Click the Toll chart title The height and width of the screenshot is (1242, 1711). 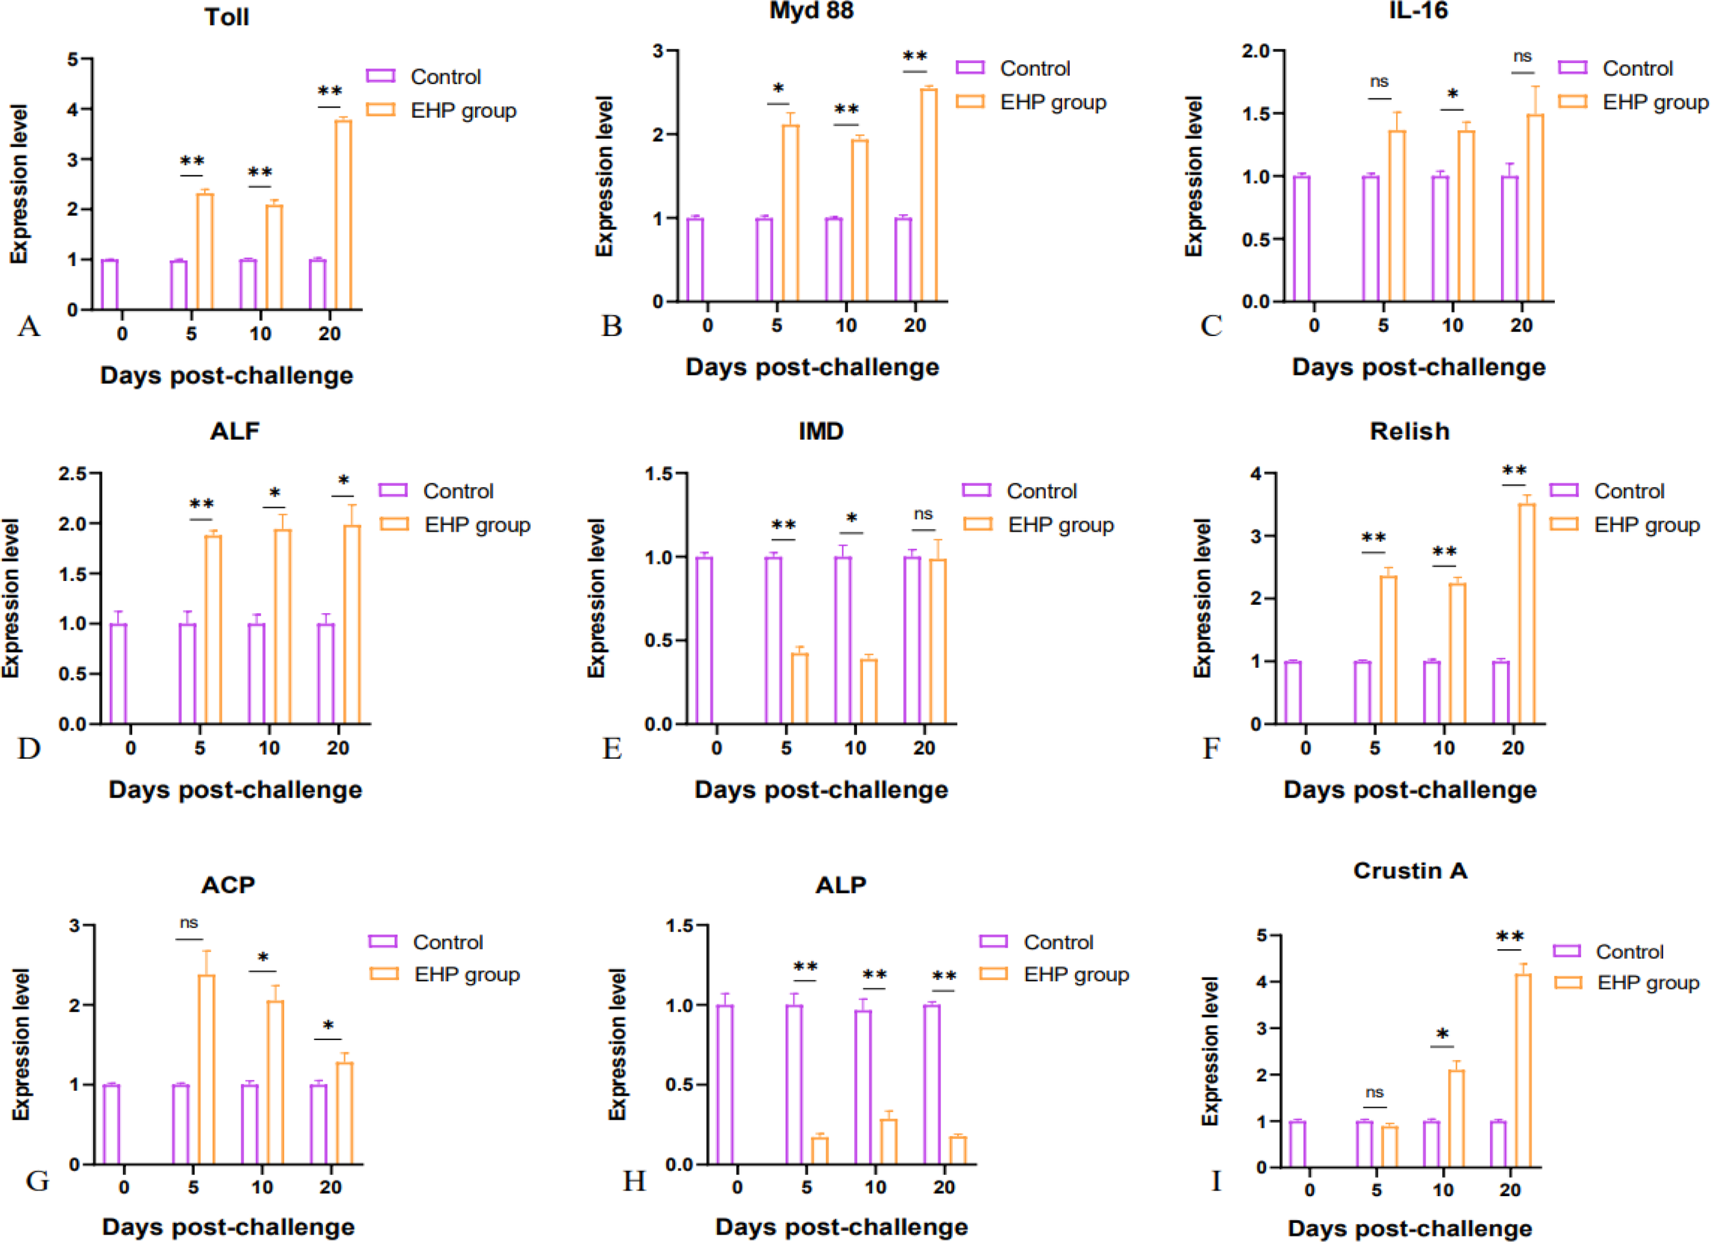pos(227,17)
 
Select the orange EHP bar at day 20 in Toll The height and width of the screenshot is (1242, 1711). pos(344,214)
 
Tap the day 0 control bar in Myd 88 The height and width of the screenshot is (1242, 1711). pos(695,259)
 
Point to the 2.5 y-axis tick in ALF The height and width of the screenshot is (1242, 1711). pos(73,474)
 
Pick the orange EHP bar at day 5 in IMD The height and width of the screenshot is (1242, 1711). pos(799,688)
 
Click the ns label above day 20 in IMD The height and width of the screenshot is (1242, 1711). pos(923,515)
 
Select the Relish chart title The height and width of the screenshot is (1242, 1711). pos(1409,431)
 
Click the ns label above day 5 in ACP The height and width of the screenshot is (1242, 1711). pos(189,923)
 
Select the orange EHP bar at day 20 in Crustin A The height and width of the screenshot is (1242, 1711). pos(1523,1070)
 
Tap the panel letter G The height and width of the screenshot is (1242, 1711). pos(37,1181)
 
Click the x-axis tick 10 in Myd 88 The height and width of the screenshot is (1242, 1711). pos(846,326)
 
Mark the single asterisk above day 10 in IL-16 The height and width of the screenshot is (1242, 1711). pos(1452,95)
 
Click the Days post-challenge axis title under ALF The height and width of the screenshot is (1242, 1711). pos(235,790)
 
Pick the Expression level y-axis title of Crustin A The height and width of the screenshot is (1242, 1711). pos(1209,1051)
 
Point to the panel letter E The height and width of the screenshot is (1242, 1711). pos(612,749)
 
